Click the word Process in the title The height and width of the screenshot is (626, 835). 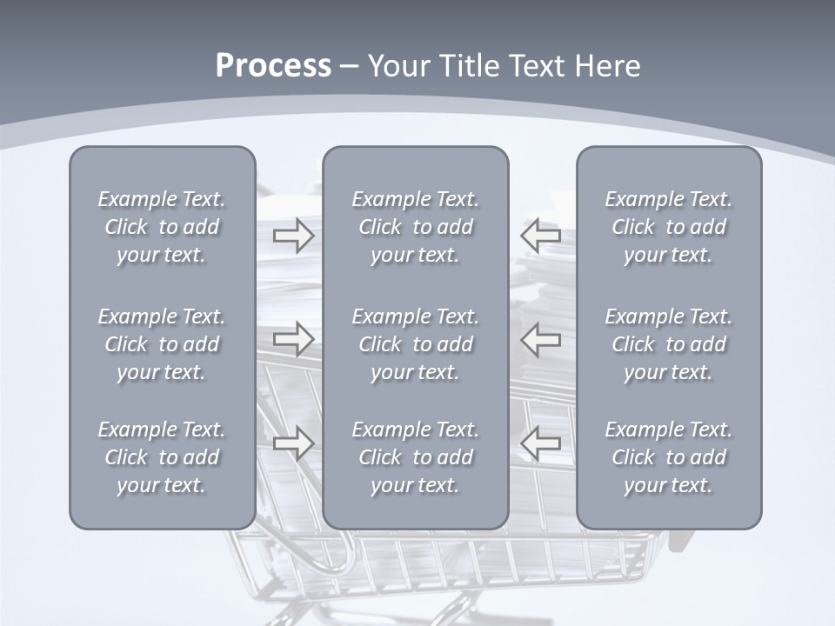pos(273,66)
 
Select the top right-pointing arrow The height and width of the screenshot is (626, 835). pos(294,235)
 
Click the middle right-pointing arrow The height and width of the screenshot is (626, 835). pos(294,339)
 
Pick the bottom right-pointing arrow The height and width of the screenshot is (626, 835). pos(294,443)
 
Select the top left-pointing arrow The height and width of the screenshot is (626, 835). pos(540,235)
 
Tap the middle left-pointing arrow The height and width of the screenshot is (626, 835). pos(540,339)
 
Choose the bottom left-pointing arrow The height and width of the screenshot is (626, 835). pos(540,443)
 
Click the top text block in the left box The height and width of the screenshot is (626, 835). pos(162,227)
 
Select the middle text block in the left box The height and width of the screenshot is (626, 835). pos(162,344)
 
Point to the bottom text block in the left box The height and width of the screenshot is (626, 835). pos(162,457)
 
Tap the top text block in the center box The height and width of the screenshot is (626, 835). pos(415,227)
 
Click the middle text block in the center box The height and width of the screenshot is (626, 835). pos(415,344)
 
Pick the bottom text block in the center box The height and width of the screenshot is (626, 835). pos(415,457)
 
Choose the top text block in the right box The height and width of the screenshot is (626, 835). pos(669,227)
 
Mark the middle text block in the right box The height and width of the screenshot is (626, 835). pos(669,344)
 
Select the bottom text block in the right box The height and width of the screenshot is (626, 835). pos(669,457)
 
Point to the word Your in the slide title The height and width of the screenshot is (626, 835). pos(396,66)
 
